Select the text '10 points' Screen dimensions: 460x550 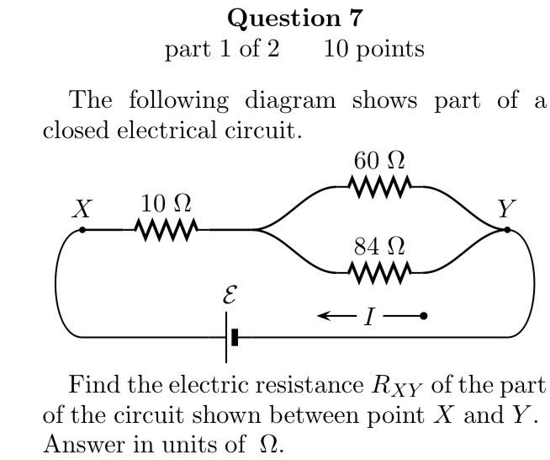coord(373,49)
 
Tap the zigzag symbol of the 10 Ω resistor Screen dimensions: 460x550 coord(167,228)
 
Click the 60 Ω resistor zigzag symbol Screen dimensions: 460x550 coord(379,185)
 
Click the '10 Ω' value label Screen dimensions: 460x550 coord(166,203)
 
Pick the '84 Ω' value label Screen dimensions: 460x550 coord(379,247)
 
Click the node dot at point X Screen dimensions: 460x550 coord(82,228)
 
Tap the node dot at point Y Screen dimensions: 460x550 coord(506,228)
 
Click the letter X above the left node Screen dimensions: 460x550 coord(81,208)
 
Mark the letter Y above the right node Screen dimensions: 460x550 coord(506,208)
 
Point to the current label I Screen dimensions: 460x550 coord(369,317)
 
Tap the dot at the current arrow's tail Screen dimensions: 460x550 coord(423,316)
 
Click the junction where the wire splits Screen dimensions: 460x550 coord(257,228)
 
